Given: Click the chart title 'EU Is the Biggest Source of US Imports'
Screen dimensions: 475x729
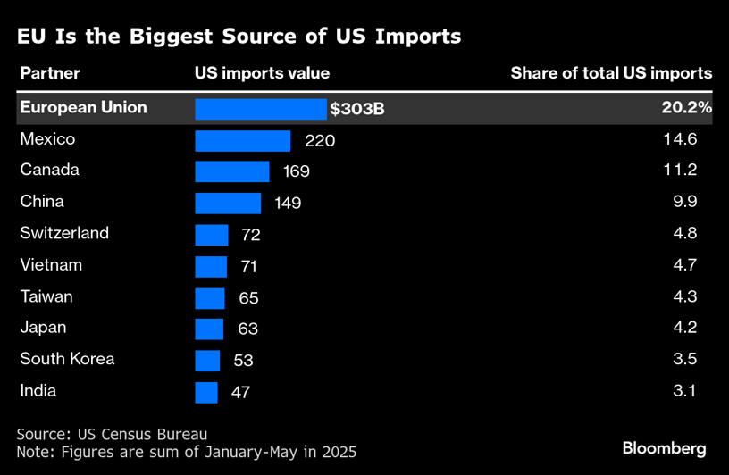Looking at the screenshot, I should [239, 37].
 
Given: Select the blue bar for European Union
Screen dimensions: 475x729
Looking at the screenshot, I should [261, 109].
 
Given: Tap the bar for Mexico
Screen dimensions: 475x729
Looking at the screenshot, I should [242, 141].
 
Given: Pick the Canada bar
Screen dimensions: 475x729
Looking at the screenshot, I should [231, 171].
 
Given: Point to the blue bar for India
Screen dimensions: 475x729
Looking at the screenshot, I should [206, 392].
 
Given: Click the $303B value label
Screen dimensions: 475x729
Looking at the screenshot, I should [357, 110].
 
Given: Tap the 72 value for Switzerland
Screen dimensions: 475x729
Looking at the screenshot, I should [249, 235].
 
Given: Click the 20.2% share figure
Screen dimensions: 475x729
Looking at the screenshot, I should [685, 108].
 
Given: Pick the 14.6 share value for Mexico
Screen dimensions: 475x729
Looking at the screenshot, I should [685, 140].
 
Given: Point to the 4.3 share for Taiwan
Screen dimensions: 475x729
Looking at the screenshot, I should [685, 296].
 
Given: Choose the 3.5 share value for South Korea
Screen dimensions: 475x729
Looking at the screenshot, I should [685, 359].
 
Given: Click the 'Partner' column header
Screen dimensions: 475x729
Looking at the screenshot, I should [50, 73].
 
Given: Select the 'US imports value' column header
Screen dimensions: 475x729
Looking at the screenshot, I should [262, 73].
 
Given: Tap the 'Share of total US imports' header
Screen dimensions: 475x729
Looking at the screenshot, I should [611, 73].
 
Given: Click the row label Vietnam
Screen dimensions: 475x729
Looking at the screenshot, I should [51, 265].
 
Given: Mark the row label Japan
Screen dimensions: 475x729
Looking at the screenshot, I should [43, 328].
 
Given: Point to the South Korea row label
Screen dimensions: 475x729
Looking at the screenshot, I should [67, 359].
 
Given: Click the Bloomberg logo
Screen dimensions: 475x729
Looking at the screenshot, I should [664, 448].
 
